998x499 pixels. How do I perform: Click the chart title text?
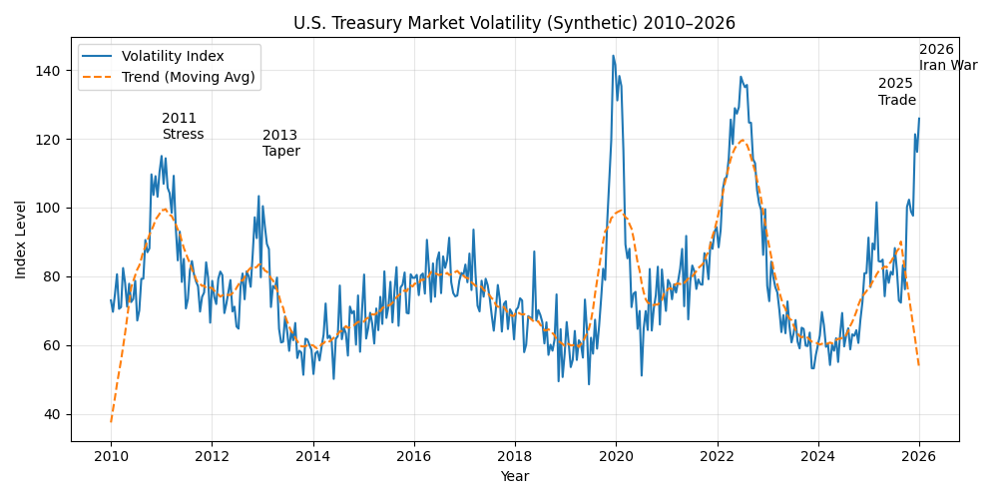(x=514, y=23)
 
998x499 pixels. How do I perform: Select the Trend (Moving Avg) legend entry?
(x=188, y=77)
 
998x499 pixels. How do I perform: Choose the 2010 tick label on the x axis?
(x=111, y=456)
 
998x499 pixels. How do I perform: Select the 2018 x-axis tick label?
(x=515, y=456)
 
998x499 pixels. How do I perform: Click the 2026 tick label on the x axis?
(x=919, y=456)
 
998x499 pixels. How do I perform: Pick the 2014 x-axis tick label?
(x=313, y=456)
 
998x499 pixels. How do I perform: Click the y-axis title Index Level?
(x=21, y=240)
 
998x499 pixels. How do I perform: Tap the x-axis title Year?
(x=515, y=477)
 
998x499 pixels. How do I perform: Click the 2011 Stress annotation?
(x=183, y=127)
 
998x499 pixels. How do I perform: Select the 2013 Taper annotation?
(x=281, y=144)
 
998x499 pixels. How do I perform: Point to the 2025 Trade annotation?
(x=897, y=92)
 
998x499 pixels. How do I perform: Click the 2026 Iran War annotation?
(x=947, y=57)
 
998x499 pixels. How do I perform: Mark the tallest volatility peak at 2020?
(x=613, y=56)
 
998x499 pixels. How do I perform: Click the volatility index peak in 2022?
(x=741, y=77)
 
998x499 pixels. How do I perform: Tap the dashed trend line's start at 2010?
(x=111, y=421)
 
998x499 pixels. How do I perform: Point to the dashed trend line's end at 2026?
(x=919, y=365)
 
